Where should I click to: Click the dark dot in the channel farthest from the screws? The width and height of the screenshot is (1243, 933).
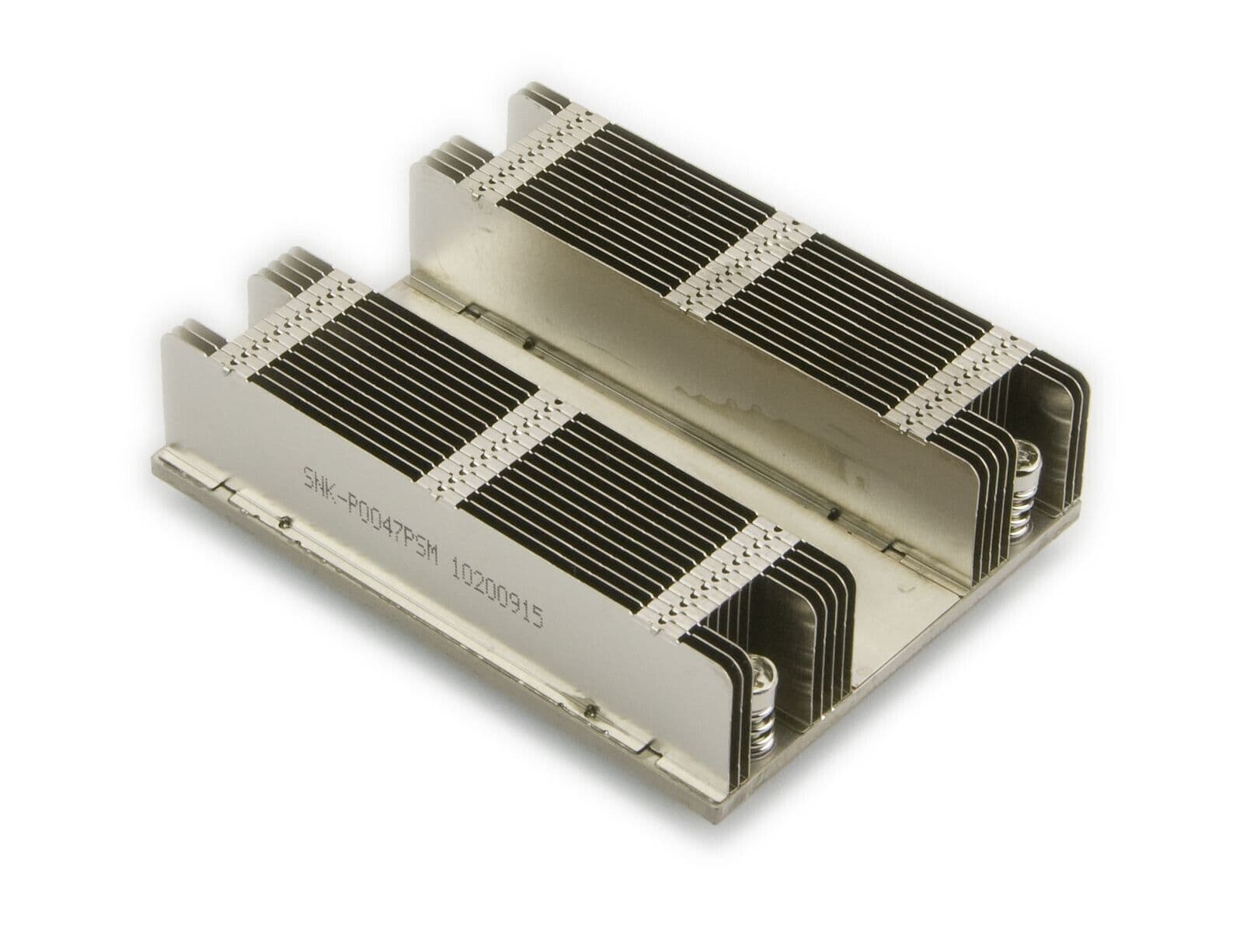527,343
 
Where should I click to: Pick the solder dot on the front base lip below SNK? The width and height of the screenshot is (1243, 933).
287,522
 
